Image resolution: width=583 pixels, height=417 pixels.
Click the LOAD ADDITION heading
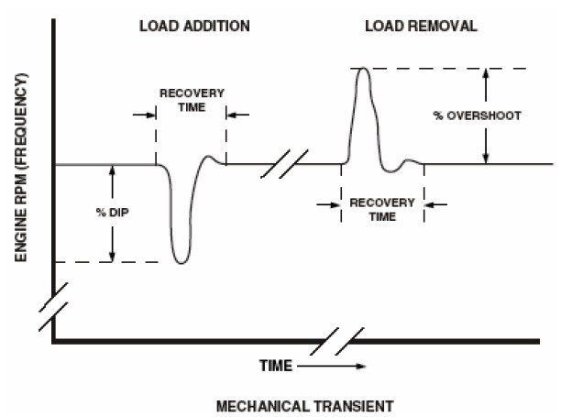pos(194,26)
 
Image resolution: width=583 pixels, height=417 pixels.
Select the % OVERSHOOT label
pos(477,116)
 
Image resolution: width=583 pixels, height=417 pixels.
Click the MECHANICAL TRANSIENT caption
pos(291,403)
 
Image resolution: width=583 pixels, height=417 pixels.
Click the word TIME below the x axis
pos(276,366)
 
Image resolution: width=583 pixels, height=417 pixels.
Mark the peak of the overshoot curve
pos(363,69)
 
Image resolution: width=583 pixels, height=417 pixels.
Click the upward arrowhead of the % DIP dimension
pos(112,170)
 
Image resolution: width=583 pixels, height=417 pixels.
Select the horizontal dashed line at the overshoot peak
pos(440,69)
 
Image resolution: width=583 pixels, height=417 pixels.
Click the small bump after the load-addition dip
pos(216,159)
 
